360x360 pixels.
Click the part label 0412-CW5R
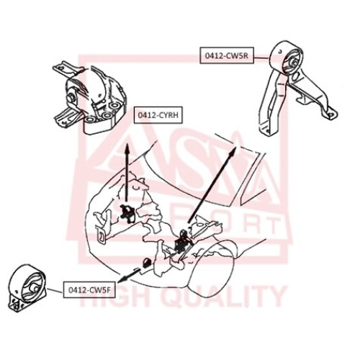click(x=227, y=55)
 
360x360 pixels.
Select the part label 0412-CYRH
click(x=158, y=115)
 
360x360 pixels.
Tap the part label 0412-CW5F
click(x=89, y=289)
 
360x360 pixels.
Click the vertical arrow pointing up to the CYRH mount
click(x=127, y=173)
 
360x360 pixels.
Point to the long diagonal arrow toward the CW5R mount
click(x=212, y=185)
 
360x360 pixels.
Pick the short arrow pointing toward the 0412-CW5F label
click(x=130, y=275)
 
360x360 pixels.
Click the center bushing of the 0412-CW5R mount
click(x=293, y=63)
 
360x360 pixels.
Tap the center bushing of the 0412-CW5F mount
click(x=34, y=288)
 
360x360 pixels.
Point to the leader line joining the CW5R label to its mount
click(x=262, y=58)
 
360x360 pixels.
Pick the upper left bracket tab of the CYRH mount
click(x=63, y=68)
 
